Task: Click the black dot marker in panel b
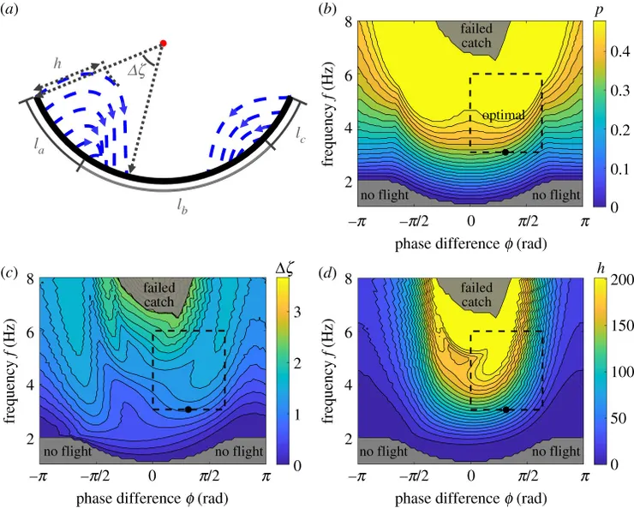[x=505, y=152]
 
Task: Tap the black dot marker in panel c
[x=188, y=409]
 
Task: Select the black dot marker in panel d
[x=506, y=409]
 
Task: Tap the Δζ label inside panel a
[x=137, y=71]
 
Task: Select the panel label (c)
[x=9, y=272]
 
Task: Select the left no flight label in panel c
[x=65, y=451]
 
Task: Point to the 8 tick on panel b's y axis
[x=348, y=21]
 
